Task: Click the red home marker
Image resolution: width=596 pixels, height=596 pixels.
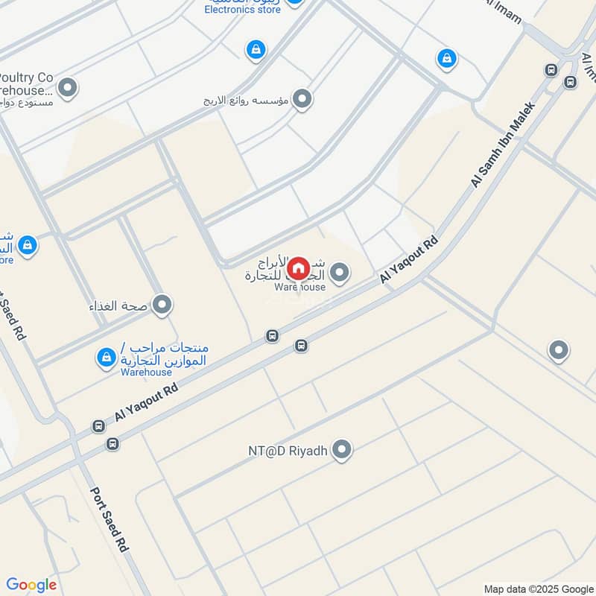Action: pyautogui.click(x=298, y=269)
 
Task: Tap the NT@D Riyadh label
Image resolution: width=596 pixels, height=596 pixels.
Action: pyautogui.click(x=288, y=451)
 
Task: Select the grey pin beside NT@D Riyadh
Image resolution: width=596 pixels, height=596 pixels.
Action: pyautogui.click(x=342, y=449)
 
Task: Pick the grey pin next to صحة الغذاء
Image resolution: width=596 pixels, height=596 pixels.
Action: pyautogui.click(x=162, y=305)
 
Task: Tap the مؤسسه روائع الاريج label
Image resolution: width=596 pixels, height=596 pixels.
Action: pyautogui.click(x=245, y=99)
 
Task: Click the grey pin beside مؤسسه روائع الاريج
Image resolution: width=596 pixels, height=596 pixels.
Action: pyautogui.click(x=302, y=98)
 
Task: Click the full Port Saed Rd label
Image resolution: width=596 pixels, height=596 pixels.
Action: pyautogui.click(x=110, y=519)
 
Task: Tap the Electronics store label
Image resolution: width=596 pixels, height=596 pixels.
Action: pyautogui.click(x=243, y=9)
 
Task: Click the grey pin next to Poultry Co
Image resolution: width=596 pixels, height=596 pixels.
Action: pyautogui.click(x=68, y=89)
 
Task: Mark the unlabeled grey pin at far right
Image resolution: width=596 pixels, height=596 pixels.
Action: pyautogui.click(x=558, y=350)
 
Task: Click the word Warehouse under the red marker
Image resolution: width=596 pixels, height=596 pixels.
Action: pyautogui.click(x=299, y=287)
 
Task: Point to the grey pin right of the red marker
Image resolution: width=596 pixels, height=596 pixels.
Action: pyautogui.click(x=340, y=273)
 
